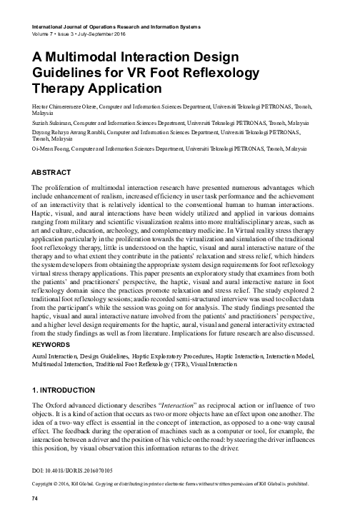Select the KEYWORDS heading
click(x=51, y=343)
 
